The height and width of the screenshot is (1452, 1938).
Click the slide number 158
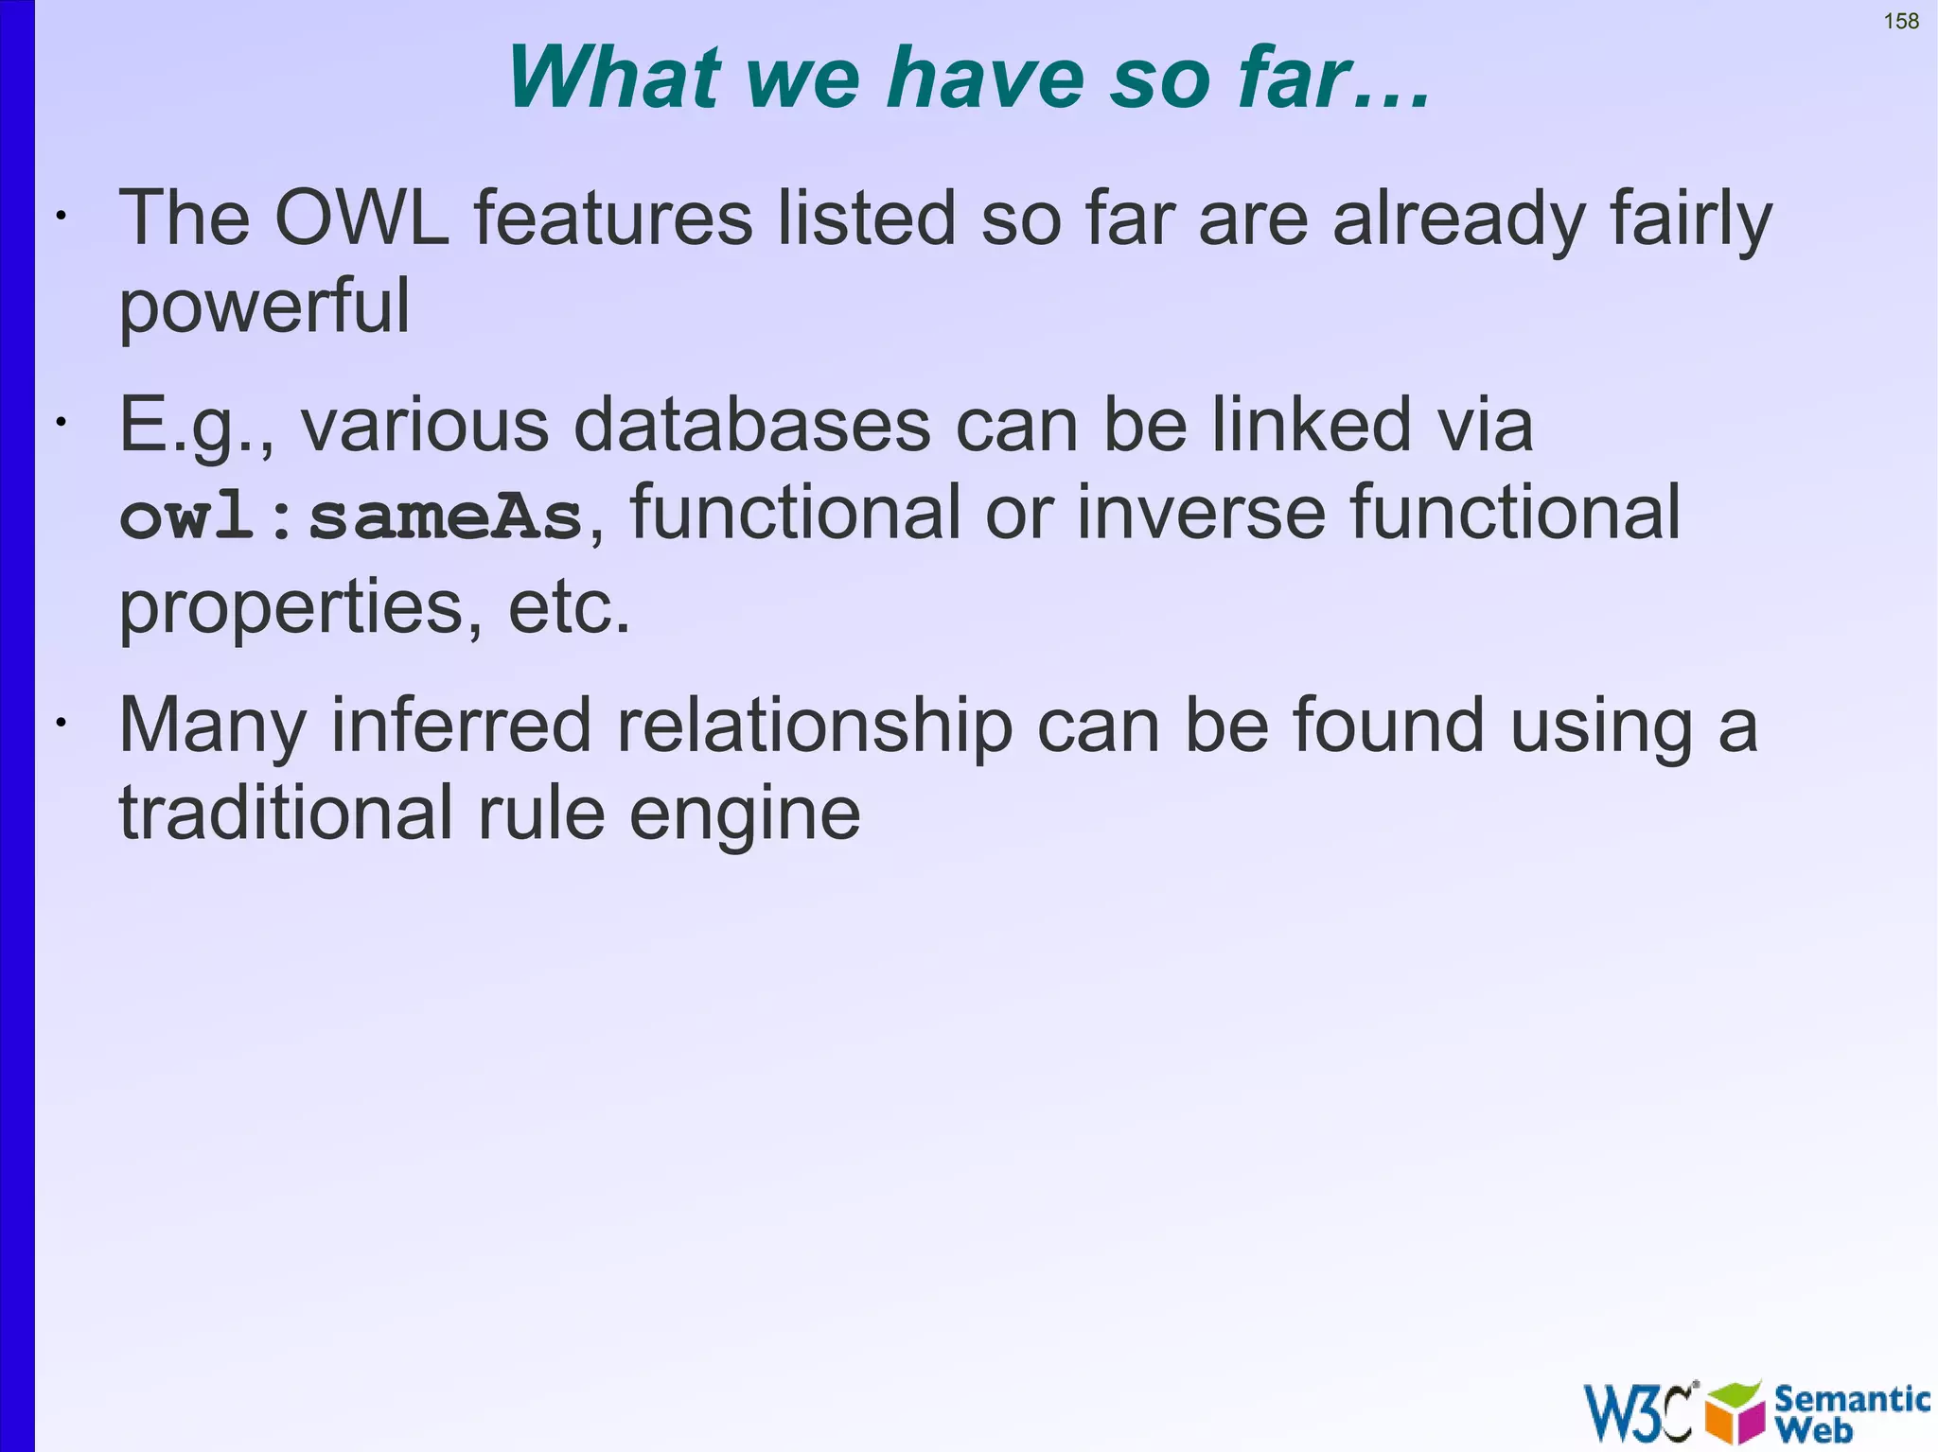tap(1900, 21)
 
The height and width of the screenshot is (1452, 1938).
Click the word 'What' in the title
tap(615, 78)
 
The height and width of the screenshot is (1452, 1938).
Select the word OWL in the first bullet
tap(361, 219)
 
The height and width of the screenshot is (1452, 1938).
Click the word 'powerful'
tap(264, 307)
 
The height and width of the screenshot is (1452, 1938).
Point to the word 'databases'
tap(752, 425)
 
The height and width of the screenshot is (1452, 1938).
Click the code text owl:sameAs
tap(351, 517)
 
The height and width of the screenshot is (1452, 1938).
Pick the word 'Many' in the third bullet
tap(212, 726)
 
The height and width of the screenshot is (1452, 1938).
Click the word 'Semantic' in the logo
tap(1851, 1398)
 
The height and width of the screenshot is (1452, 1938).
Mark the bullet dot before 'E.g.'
tap(61, 423)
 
